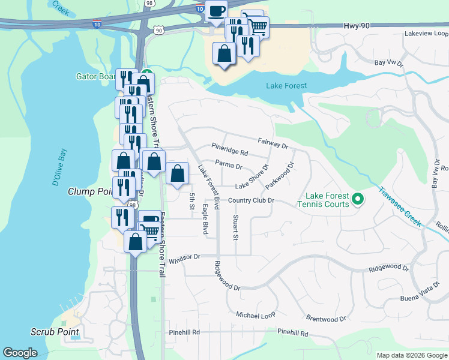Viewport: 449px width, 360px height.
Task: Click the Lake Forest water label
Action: click(x=286, y=86)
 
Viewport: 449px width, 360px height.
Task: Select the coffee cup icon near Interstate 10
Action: click(x=216, y=10)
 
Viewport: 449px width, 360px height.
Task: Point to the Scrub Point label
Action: click(x=55, y=332)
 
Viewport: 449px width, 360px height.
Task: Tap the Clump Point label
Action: click(x=91, y=192)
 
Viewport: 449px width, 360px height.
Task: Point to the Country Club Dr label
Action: click(x=251, y=200)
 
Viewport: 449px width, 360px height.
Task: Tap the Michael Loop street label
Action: click(x=255, y=314)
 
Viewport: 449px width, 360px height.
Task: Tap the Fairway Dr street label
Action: click(x=273, y=143)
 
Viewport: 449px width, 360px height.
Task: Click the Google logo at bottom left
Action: click(x=20, y=353)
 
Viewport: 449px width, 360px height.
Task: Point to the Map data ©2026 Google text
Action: click(x=412, y=355)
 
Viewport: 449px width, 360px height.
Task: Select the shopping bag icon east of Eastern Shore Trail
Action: click(x=176, y=175)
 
